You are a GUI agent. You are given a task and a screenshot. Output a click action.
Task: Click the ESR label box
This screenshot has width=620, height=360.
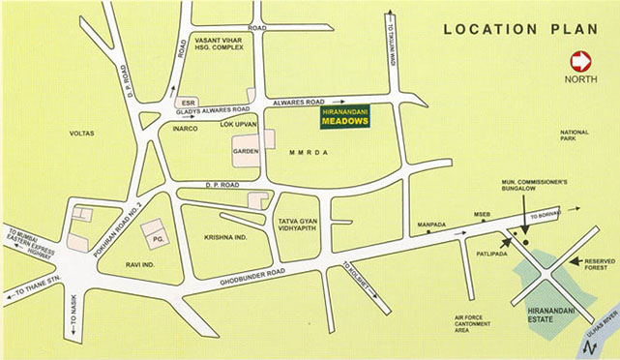click(188, 102)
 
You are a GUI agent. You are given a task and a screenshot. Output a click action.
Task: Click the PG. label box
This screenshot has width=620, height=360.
click(153, 231)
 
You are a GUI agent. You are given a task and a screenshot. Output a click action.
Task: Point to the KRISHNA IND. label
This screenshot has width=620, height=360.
click(226, 235)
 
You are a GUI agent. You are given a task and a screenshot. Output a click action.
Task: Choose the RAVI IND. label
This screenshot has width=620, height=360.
click(141, 263)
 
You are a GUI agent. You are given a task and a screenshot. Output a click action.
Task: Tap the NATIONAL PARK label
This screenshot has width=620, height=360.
click(574, 136)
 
